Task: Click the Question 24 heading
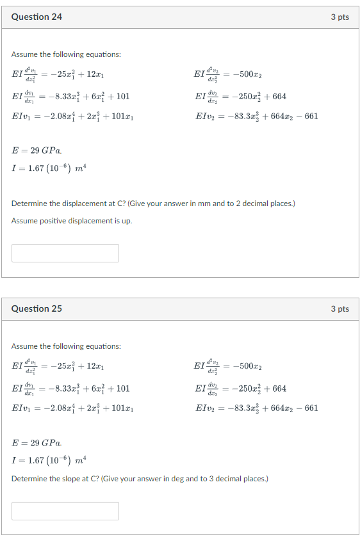coord(37,17)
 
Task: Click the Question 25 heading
coord(37,309)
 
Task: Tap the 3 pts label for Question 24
coord(340,17)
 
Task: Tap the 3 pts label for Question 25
coord(340,309)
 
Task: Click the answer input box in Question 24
coord(65,253)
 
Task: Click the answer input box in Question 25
coord(65,511)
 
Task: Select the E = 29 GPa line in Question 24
coord(37,151)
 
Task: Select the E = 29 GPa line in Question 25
coord(37,443)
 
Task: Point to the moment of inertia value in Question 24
coord(49,168)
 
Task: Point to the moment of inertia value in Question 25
coord(49,460)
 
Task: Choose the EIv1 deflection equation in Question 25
coord(72,408)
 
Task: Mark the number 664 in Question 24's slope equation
coord(279,97)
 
